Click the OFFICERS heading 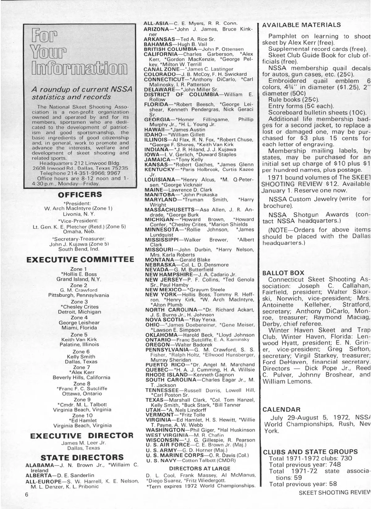(80, 195)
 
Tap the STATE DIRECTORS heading (82, 457)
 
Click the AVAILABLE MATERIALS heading (301, 25)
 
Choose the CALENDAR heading (281, 410)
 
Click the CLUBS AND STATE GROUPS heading (310, 452)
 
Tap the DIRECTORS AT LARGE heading (200, 468)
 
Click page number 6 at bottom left (27, 494)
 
